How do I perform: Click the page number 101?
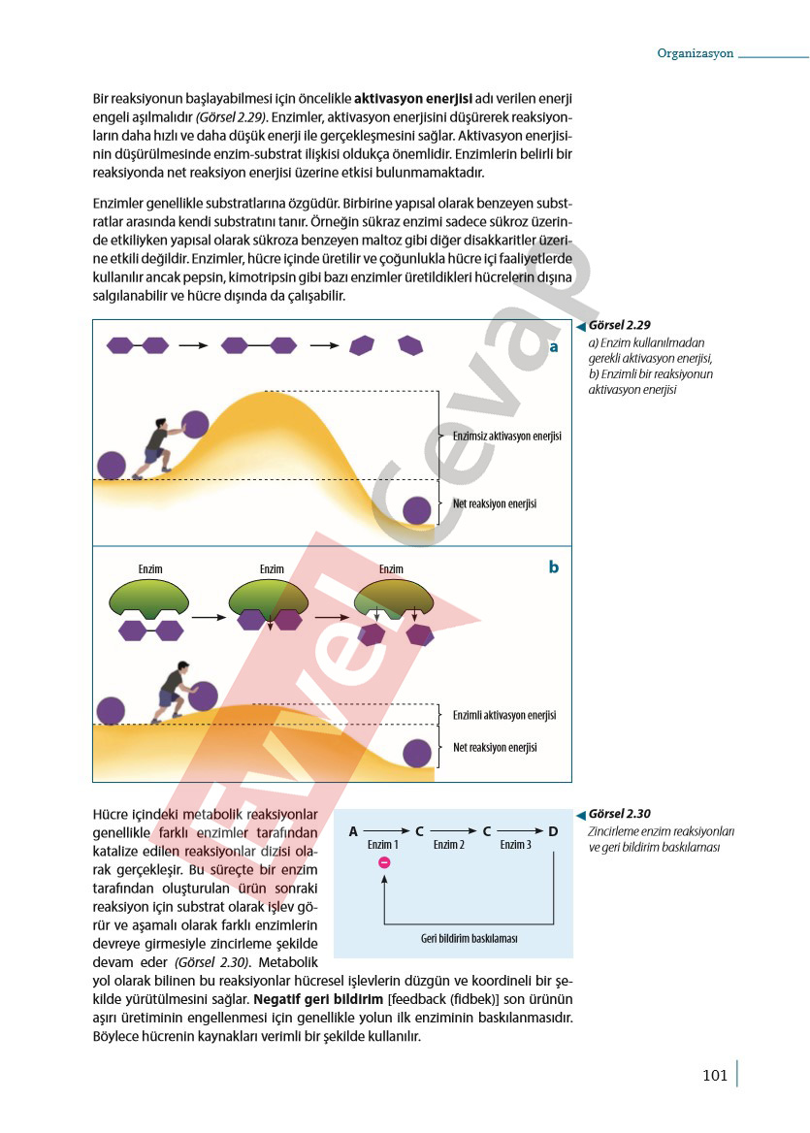tap(715, 1075)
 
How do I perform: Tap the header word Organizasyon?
tap(696, 53)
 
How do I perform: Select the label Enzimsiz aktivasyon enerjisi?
tap(506, 437)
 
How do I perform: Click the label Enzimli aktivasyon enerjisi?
tap(504, 715)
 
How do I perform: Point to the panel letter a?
tap(554, 347)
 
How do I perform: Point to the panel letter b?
tap(554, 567)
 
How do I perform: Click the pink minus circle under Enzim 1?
tap(384, 862)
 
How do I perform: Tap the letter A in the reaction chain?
tap(353, 831)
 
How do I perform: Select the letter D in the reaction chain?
tap(554, 831)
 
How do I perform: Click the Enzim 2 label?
tap(449, 845)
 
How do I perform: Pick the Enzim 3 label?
tap(515, 845)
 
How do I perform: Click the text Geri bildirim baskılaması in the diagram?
tap(469, 939)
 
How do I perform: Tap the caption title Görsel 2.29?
tap(619, 325)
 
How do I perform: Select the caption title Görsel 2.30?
tap(619, 814)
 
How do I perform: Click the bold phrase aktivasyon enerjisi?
tap(413, 99)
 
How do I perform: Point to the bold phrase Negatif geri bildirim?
tap(318, 1000)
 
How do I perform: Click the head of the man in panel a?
tap(161, 424)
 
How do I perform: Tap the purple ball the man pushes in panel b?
tap(203, 696)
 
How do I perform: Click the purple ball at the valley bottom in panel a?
tap(417, 511)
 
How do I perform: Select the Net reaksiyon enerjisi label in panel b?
tap(495, 748)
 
